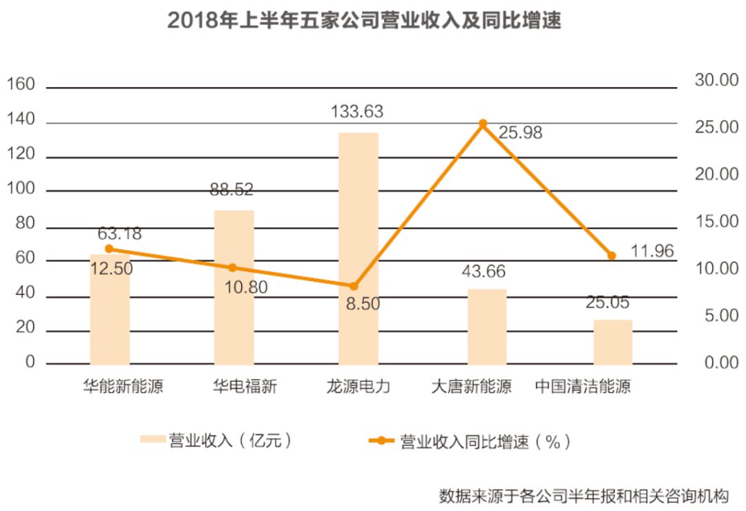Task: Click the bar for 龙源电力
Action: tap(358, 249)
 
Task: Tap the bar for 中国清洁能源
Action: tap(613, 342)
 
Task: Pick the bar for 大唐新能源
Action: tap(487, 327)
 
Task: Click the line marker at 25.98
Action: tap(483, 124)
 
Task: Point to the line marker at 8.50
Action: tap(354, 286)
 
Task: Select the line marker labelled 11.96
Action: tap(611, 256)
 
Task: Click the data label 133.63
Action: tap(356, 111)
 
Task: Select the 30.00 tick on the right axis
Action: tap(716, 80)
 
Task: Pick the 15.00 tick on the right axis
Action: tap(716, 222)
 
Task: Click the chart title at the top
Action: tap(364, 21)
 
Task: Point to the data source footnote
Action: tap(584, 495)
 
